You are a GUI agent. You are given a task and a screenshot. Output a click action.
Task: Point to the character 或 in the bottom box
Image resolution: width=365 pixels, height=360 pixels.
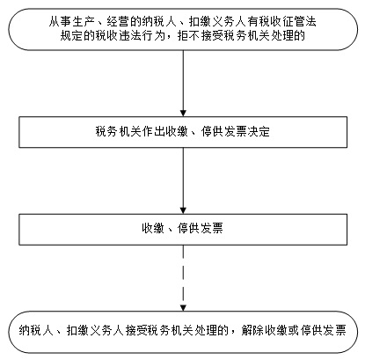click(x=294, y=330)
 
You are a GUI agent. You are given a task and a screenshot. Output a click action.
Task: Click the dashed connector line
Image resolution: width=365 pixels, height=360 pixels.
click(x=183, y=276)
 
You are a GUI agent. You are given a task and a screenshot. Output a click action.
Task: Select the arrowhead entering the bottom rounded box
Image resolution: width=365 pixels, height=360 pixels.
click(x=183, y=308)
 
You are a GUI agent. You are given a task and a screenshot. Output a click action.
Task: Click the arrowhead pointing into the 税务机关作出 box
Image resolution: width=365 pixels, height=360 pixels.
click(x=183, y=114)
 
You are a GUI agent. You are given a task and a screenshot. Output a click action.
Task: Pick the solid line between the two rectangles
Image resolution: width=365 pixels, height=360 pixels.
click(x=183, y=178)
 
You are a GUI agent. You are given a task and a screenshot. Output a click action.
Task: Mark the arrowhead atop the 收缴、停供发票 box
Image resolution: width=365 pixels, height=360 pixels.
click(x=183, y=210)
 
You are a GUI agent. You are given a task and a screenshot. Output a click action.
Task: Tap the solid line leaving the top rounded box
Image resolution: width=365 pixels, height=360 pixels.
click(x=183, y=80)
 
